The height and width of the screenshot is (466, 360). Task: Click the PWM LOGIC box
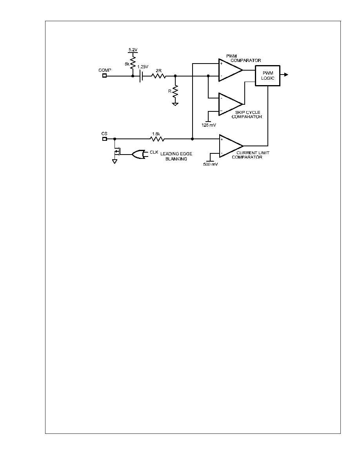tap(267, 76)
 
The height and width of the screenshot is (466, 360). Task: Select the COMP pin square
tap(104, 76)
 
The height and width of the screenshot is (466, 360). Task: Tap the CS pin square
tap(104, 139)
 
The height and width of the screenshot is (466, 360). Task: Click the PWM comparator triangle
tap(231, 70)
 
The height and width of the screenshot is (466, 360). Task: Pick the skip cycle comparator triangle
tap(231, 104)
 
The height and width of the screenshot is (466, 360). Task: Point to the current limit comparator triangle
tap(231, 146)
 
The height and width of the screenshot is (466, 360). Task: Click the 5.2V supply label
tap(133, 50)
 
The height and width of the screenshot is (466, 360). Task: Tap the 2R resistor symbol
tap(158, 76)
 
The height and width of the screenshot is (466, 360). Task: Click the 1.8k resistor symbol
tap(156, 139)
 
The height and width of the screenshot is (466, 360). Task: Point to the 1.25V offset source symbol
tap(142, 76)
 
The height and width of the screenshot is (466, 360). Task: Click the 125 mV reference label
tap(209, 125)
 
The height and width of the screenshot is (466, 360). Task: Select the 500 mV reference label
tap(210, 164)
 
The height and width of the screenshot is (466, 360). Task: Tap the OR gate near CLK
tap(138, 154)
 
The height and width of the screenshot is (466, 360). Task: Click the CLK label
tap(154, 152)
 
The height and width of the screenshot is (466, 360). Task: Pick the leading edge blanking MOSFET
tap(117, 151)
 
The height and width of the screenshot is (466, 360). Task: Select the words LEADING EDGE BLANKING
tap(176, 157)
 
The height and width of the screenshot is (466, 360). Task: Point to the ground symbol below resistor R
tap(175, 104)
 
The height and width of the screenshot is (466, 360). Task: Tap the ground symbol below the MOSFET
tap(115, 161)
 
